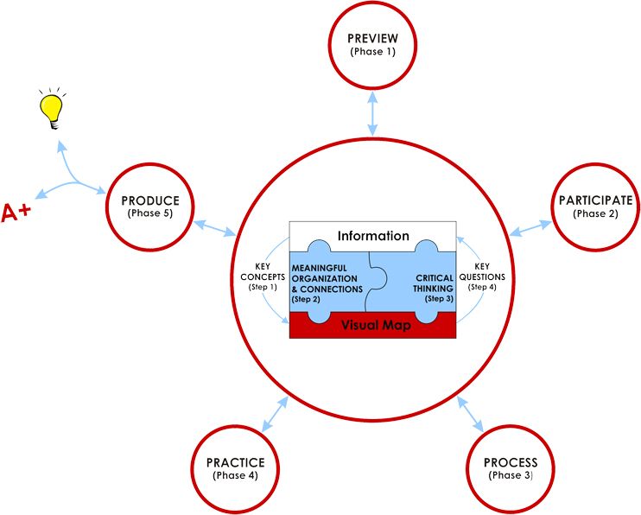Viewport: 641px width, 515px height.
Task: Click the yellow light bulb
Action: click(54, 109)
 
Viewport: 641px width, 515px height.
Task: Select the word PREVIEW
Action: click(373, 40)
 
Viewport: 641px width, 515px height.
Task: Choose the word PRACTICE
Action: click(235, 462)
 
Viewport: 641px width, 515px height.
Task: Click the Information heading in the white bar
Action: click(373, 235)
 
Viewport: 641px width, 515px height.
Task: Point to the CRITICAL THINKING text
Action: click(428, 283)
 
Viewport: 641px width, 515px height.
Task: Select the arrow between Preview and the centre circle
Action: click(372, 113)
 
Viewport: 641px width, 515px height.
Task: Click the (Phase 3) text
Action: click(510, 475)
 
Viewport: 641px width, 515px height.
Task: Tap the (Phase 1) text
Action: click(373, 53)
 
